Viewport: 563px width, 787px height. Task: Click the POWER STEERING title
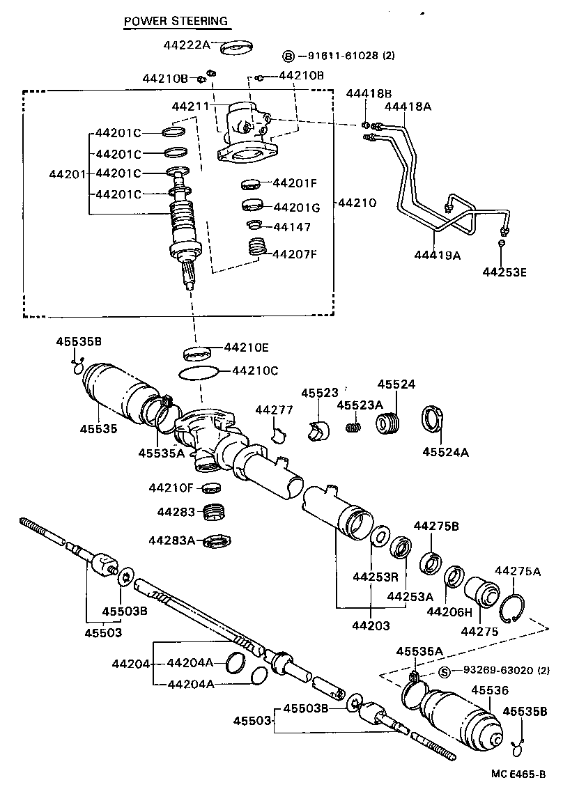click(x=176, y=21)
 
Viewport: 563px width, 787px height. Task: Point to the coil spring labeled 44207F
click(x=259, y=247)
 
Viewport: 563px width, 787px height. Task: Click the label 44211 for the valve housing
click(x=190, y=106)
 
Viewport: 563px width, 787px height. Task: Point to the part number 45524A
click(x=445, y=452)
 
